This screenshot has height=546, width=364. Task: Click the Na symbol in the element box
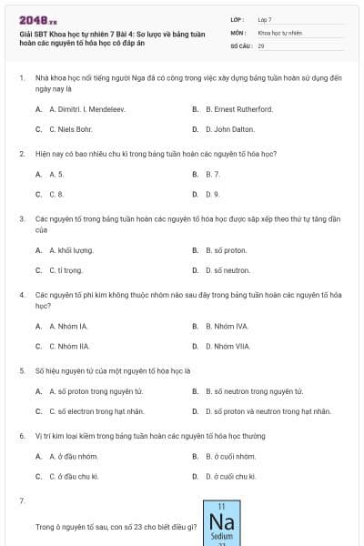coord(221,522)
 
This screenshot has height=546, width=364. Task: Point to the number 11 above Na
coord(221,506)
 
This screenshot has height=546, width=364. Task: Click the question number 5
coord(22,371)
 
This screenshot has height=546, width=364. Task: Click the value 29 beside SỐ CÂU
coord(261,45)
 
